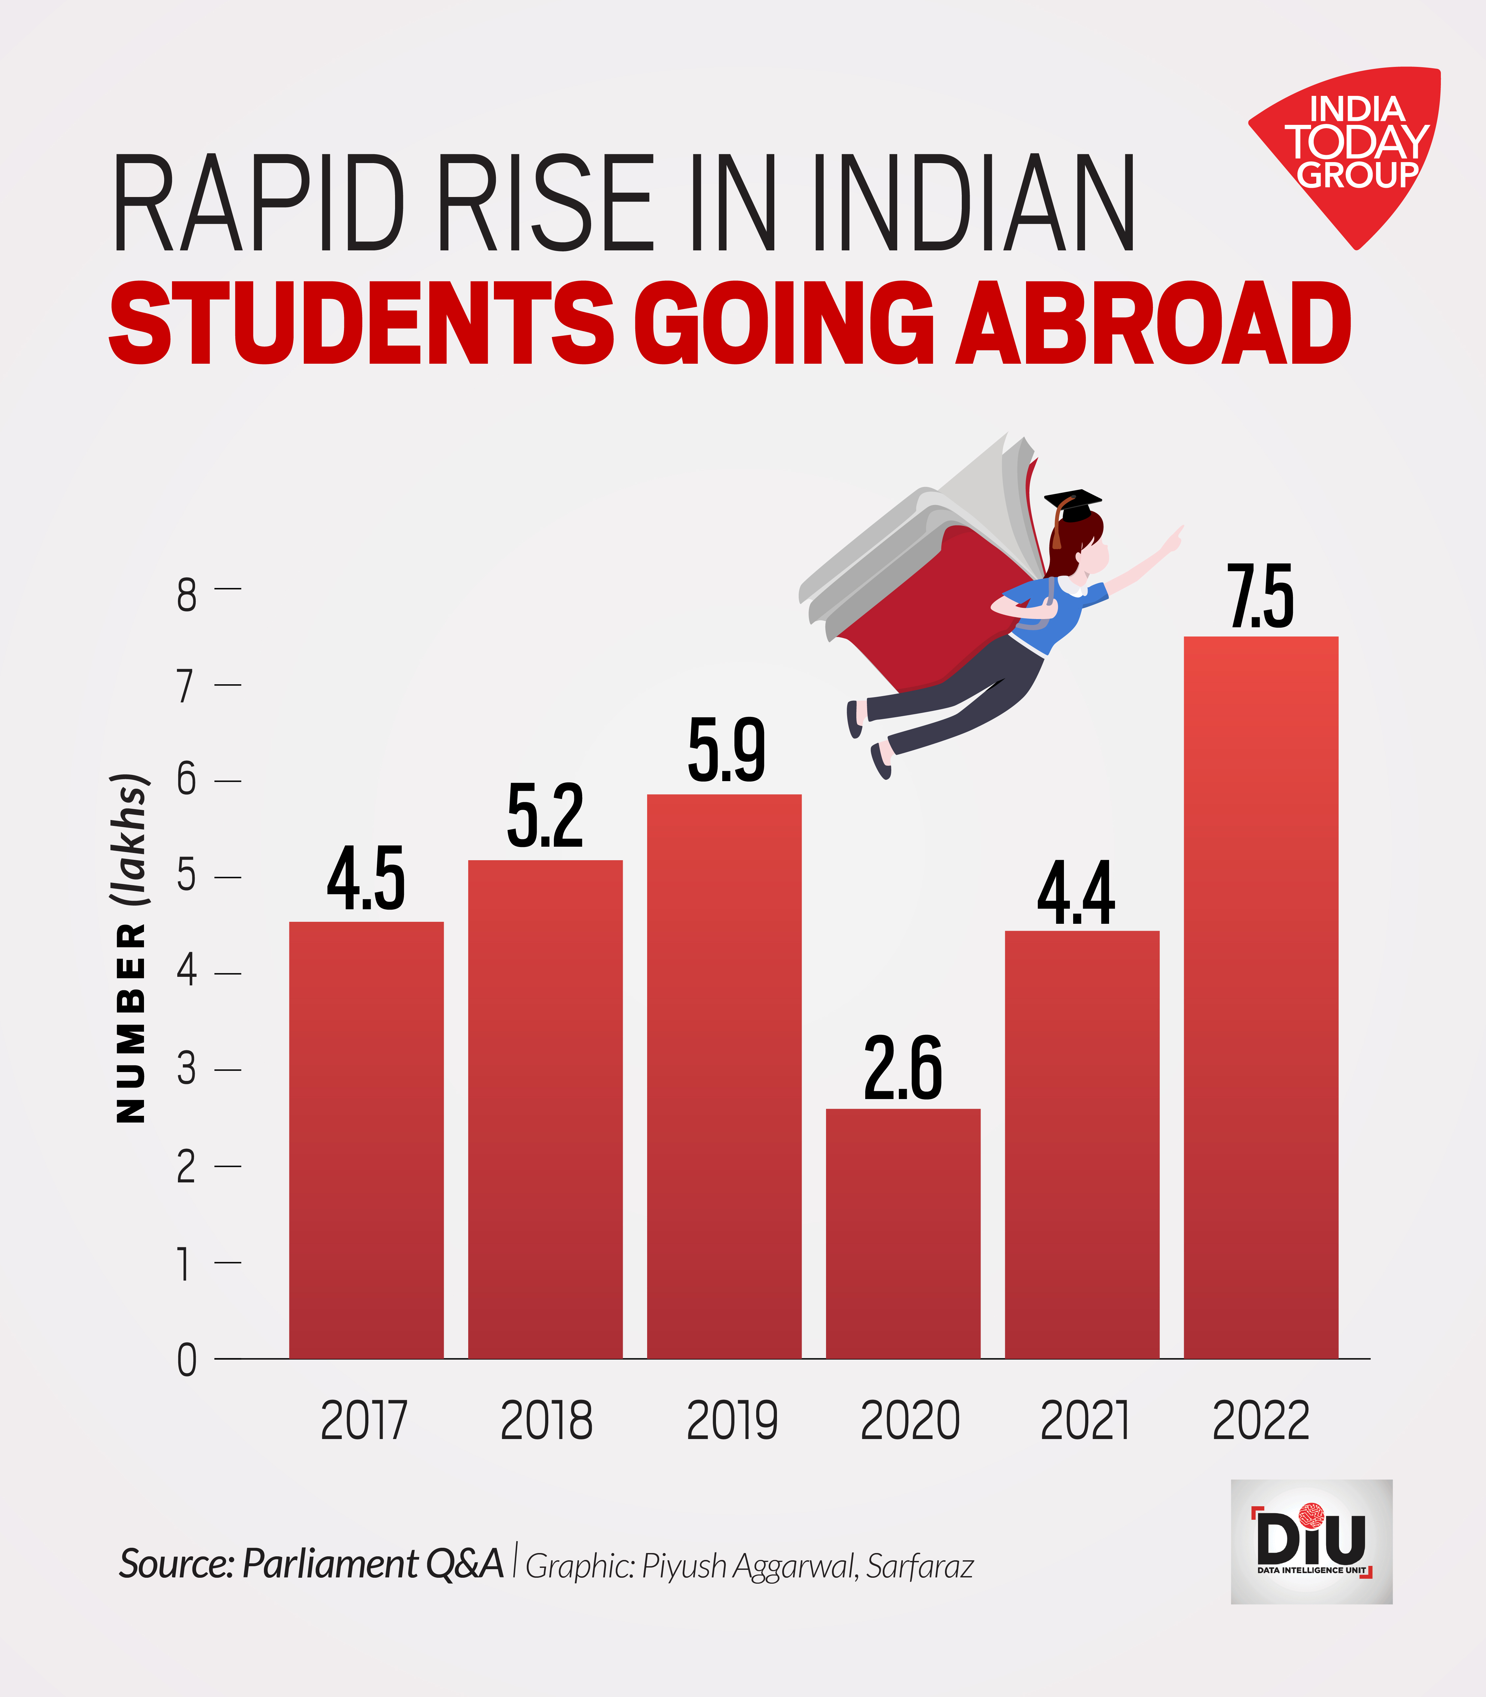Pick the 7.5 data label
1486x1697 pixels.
click(1260, 597)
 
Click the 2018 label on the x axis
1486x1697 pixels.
click(547, 1420)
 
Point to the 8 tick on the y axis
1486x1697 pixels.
click(186, 595)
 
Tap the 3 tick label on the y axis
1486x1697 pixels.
click(186, 1069)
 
